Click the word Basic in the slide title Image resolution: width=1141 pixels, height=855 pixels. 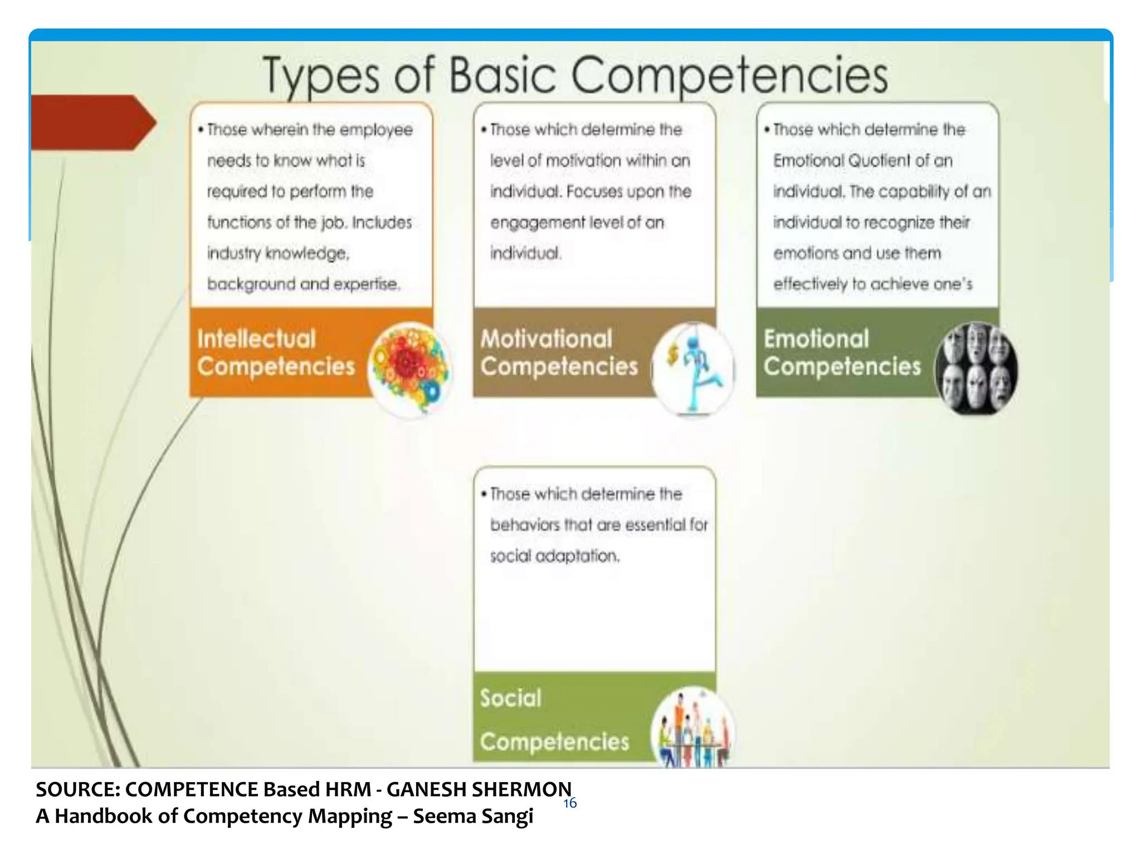[503, 75]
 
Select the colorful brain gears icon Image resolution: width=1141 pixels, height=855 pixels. [409, 369]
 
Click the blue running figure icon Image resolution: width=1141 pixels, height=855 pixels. [693, 369]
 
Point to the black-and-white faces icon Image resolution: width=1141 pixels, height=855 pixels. [976, 369]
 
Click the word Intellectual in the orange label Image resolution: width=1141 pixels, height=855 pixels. [256, 339]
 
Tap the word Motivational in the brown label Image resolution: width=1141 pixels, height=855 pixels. [546, 339]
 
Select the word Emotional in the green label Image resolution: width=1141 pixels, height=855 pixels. [816, 339]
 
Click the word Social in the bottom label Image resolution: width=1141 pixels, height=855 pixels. [510, 698]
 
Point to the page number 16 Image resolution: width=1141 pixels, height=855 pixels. [570, 803]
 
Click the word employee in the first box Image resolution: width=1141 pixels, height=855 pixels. [376, 130]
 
